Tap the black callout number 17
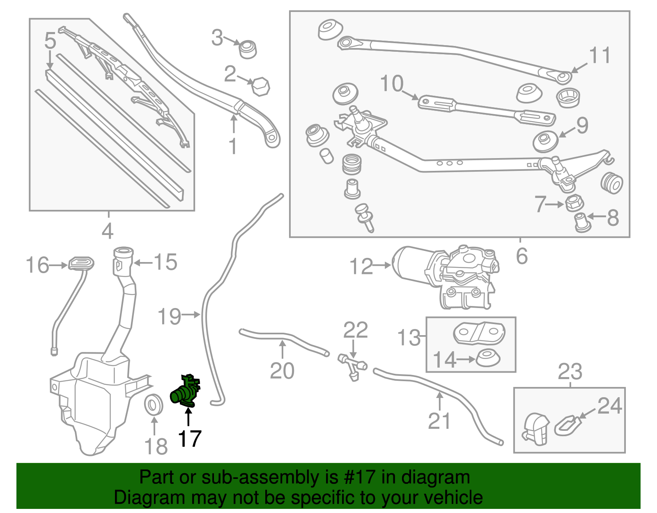coord(189,439)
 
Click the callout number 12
coord(361,267)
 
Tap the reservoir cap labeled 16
coord(81,263)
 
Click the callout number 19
coord(169,317)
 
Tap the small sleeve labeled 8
coord(582,222)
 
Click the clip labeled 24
coord(567,425)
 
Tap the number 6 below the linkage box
coord(521,256)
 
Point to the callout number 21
coord(439,421)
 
